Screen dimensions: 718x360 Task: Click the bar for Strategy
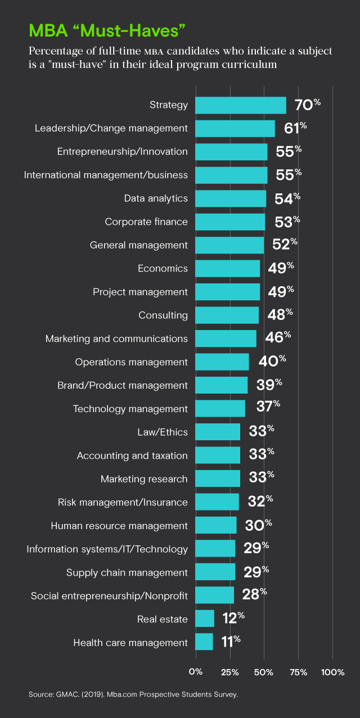pos(240,105)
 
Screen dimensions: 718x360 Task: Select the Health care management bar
pos(204,642)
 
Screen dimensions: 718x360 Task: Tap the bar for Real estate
pos(205,618)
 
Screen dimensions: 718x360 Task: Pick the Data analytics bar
pos(231,198)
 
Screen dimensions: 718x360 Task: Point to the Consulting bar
pos(227,315)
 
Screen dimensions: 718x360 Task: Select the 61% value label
pos(295,128)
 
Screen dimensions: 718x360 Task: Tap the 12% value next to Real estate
pos(233,618)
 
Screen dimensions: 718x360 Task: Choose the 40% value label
pos(272,362)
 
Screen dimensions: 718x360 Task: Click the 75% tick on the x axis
pos(298,672)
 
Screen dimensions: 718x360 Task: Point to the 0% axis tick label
pos(196,672)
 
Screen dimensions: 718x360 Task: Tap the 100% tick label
pos(332,672)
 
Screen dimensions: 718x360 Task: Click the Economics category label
pos(163,269)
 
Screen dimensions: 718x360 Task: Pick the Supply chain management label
pos(127,572)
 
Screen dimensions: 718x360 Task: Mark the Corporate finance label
pos(146,222)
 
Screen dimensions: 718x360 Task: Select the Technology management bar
pos(220,409)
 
